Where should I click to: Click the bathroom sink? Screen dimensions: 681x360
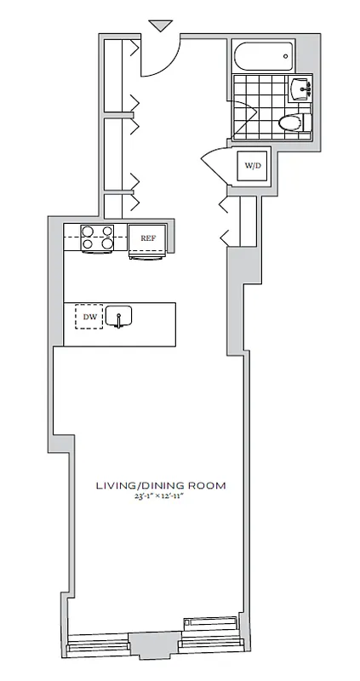(x=301, y=88)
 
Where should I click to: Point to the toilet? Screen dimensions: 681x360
(x=294, y=123)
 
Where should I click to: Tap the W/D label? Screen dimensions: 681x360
(x=253, y=165)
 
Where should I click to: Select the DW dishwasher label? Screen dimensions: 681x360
(x=89, y=318)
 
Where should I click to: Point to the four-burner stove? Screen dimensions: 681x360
(x=97, y=237)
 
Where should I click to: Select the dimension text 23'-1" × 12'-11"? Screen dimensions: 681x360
(x=160, y=498)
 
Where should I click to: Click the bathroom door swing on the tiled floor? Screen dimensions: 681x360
(x=247, y=119)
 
